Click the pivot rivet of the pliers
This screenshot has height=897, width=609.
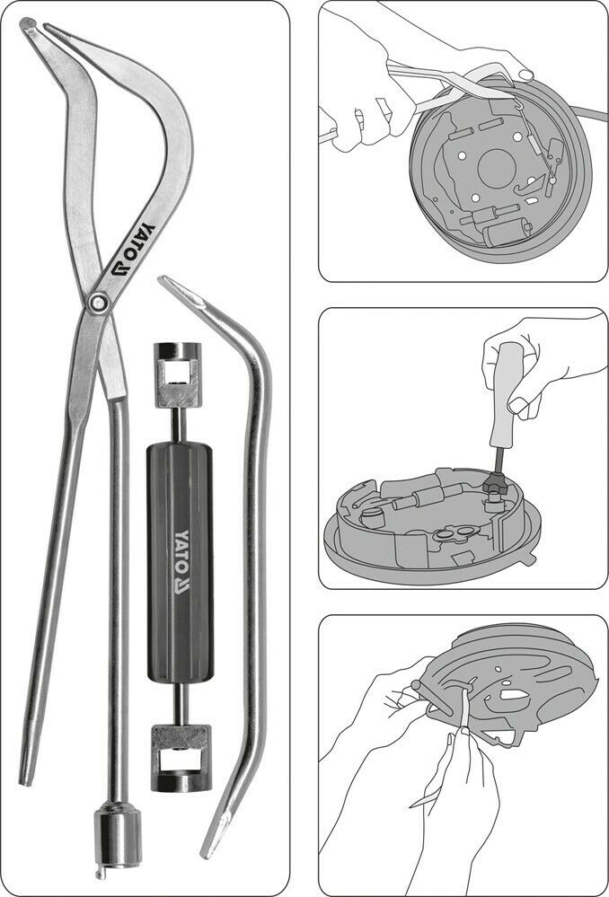click(x=100, y=303)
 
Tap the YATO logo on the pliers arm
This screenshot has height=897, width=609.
click(x=133, y=249)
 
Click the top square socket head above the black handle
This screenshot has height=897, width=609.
click(x=177, y=374)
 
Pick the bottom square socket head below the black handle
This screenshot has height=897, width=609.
click(x=181, y=758)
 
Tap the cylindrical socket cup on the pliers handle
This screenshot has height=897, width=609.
click(x=118, y=833)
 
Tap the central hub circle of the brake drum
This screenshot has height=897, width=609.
click(x=496, y=170)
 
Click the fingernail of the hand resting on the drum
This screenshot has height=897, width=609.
click(x=526, y=75)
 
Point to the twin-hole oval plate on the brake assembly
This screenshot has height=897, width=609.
click(x=451, y=534)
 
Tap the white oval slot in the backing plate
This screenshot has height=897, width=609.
click(x=514, y=694)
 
